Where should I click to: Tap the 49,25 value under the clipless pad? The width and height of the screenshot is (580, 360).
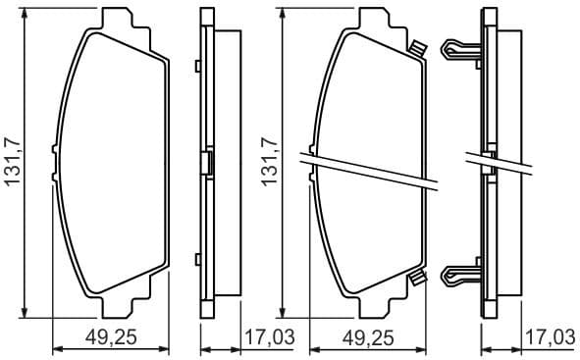tap(110, 338)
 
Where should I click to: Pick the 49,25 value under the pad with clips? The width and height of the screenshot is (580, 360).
tap(369, 338)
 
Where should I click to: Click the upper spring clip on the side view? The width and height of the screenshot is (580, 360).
tap(461, 49)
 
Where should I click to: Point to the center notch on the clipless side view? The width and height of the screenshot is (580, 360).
tap(206, 162)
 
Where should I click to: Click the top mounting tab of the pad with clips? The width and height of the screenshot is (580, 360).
tap(374, 21)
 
